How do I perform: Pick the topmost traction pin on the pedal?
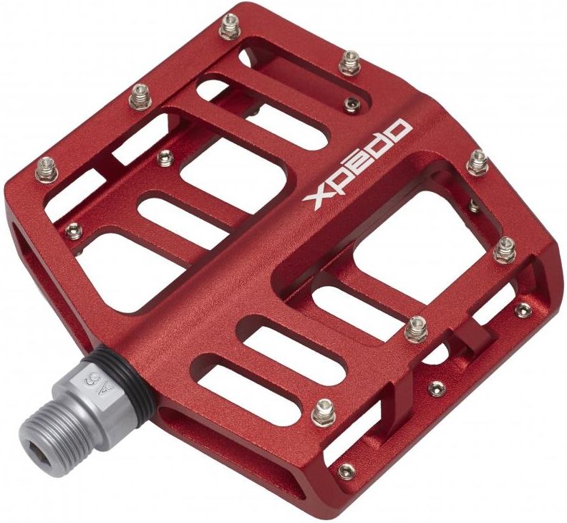coord(230,26)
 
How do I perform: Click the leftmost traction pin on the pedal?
coord(47,169)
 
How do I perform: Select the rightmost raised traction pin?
coord(504,250)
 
